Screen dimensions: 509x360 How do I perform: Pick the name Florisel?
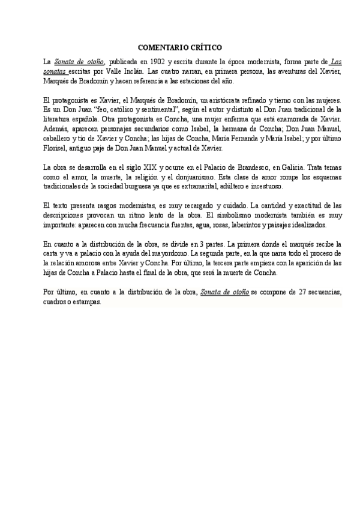click(x=57, y=148)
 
